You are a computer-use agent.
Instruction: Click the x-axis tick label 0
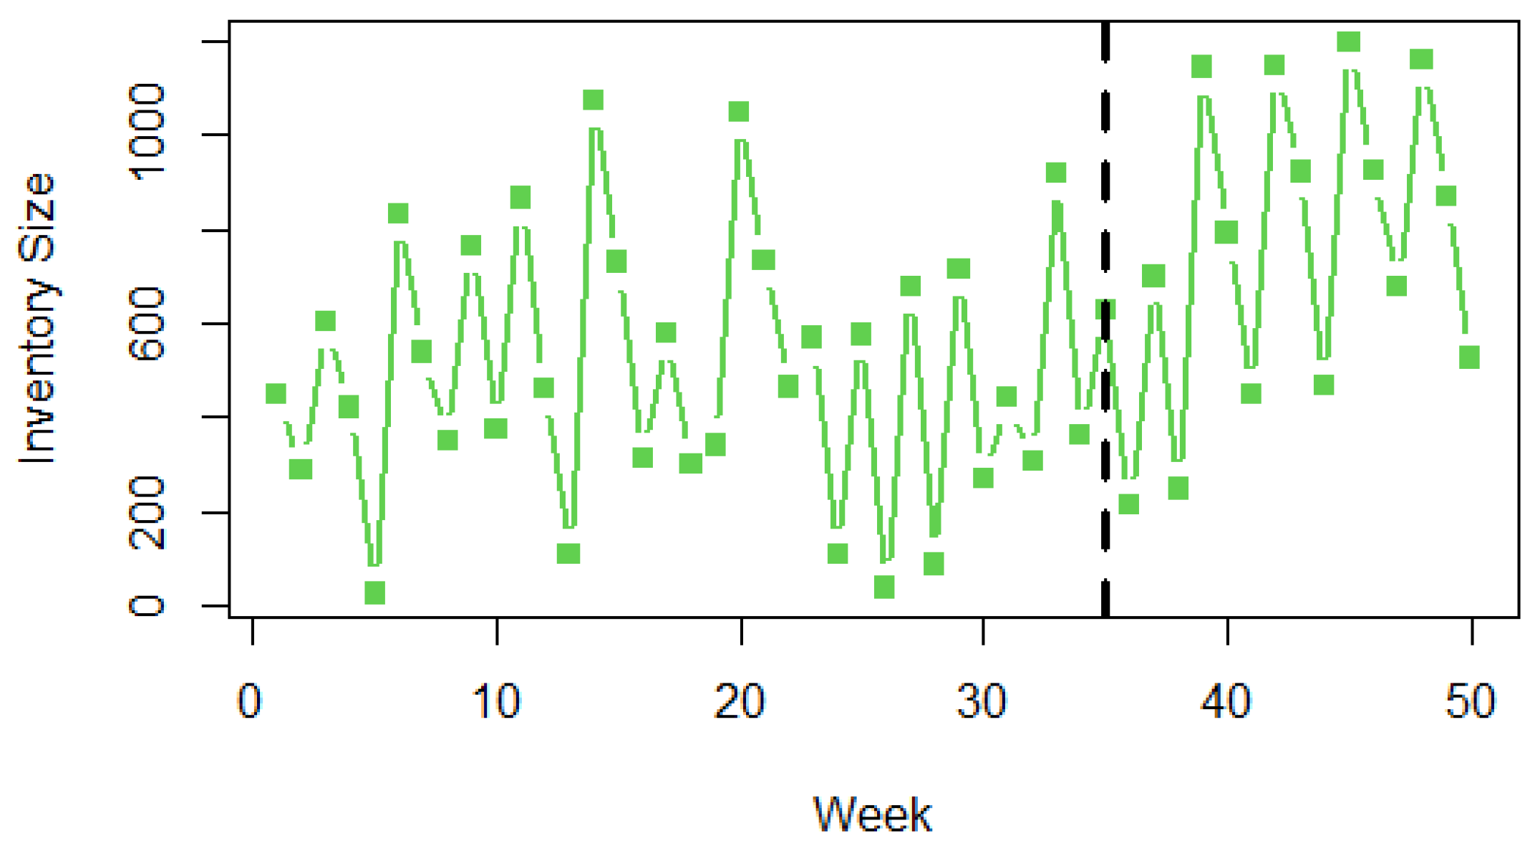(249, 702)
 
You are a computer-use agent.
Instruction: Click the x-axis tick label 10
(495, 702)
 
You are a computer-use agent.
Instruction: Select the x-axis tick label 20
(740, 702)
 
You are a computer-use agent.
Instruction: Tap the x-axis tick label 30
(982, 702)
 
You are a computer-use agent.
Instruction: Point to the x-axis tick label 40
(1226, 702)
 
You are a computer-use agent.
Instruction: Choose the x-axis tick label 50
(1471, 702)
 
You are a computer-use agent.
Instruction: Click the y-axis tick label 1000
(147, 133)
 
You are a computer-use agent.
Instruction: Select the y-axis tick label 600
(147, 323)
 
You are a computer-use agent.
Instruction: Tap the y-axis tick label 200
(147, 513)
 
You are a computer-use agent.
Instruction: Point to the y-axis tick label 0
(147, 606)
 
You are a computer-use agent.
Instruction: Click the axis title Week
(872, 814)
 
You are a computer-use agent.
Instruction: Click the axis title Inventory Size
(37, 319)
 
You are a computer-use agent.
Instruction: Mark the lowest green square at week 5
(374, 592)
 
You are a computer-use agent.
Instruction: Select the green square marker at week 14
(593, 100)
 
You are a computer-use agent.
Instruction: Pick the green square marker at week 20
(739, 112)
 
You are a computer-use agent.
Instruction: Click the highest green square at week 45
(1349, 42)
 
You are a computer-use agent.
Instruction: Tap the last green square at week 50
(1470, 357)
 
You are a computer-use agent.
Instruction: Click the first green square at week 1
(276, 393)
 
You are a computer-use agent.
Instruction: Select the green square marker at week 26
(884, 587)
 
